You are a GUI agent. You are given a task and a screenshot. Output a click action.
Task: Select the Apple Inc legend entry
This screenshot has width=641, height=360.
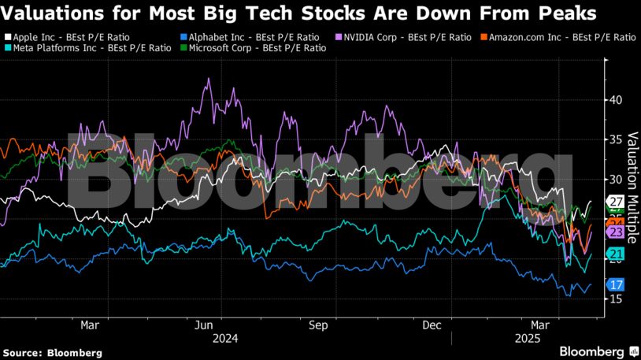[74, 37]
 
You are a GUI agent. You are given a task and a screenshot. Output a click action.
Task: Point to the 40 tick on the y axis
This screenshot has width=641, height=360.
[616, 100]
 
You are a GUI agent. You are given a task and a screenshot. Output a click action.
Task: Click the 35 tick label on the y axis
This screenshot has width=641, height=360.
[616, 139]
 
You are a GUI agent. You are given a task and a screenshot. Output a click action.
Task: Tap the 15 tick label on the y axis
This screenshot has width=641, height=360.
[616, 299]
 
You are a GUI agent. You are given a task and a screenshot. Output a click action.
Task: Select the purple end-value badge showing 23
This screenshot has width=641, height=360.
[616, 232]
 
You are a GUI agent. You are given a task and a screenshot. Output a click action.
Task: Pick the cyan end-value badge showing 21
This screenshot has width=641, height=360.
[616, 254]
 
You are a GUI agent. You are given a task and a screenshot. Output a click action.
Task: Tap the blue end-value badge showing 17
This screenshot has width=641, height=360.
[616, 284]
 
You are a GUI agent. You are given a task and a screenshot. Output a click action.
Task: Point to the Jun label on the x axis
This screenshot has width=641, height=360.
[204, 325]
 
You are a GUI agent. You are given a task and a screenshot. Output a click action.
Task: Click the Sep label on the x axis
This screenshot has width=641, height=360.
[318, 325]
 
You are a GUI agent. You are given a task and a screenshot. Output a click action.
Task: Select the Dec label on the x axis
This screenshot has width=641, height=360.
[431, 325]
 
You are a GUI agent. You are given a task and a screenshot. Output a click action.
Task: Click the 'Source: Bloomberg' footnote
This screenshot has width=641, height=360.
[52, 352]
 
